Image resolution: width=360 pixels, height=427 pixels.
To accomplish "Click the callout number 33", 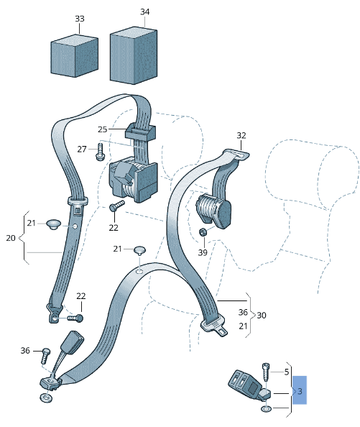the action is tap(80, 19).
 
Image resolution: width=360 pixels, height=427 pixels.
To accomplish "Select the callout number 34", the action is tap(144, 12).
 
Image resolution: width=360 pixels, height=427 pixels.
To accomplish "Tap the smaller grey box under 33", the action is tap(74, 56).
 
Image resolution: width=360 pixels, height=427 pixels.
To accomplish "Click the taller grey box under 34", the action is tap(134, 55).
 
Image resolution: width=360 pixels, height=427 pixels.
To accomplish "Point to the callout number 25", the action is tap(103, 129).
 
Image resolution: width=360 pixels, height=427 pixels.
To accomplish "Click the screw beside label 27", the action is tap(100, 152).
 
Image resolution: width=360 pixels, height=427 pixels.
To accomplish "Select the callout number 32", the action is tap(241, 136).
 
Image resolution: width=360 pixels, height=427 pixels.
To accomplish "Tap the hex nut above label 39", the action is tap(203, 232).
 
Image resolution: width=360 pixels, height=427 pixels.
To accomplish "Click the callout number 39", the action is tap(203, 252).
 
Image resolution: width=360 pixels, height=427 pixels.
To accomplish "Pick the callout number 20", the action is tap(11, 238).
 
